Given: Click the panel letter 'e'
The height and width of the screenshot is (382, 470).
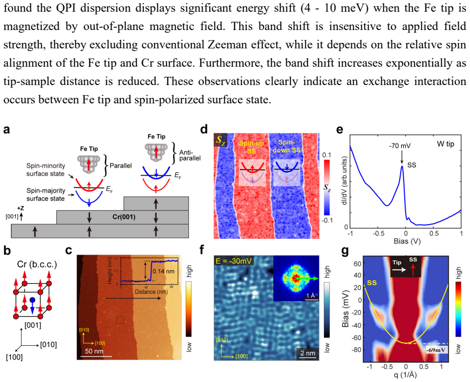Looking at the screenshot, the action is click(x=339, y=129).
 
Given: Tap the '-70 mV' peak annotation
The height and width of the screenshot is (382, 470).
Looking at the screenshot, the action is click(x=400, y=146).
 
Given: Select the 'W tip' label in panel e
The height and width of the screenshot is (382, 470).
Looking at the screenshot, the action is click(x=446, y=144).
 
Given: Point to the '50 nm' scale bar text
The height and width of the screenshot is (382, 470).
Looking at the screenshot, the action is click(x=94, y=351).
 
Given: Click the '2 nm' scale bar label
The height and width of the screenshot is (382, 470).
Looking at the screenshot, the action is click(x=308, y=353).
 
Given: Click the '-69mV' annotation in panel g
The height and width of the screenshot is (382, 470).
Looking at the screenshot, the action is click(x=436, y=350).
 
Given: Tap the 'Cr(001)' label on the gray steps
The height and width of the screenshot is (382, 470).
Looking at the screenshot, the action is click(x=124, y=216).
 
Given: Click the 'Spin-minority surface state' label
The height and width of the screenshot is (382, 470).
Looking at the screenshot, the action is click(x=45, y=170).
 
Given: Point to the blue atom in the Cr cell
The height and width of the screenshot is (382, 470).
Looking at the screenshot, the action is click(x=32, y=299).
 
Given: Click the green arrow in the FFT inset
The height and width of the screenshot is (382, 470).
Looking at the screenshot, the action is click(x=306, y=279).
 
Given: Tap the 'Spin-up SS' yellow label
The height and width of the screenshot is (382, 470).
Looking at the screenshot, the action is click(x=252, y=147).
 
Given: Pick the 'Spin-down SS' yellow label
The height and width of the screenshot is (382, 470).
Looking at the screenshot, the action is click(x=287, y=146).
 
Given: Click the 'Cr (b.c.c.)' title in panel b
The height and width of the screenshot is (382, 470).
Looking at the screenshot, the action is click(x=37, y=264).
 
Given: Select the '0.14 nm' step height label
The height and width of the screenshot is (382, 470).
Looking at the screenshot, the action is click(x=163, y=271).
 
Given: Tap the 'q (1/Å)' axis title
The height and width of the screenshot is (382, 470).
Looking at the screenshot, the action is click(x=406, y=374).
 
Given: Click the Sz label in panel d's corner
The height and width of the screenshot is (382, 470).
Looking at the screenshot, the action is click(x=220, y=140).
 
